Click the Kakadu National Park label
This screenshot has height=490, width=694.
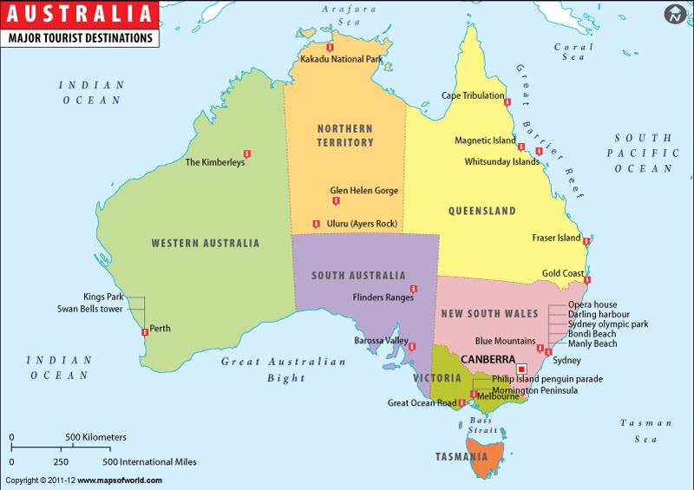point(341,60)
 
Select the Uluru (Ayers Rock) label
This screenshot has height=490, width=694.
point(362,224)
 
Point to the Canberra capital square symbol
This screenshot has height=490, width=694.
point(521,368)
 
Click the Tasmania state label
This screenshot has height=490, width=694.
point(462,457)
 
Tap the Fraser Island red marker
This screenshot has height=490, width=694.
point(587,241)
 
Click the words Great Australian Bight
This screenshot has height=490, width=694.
point(271,369)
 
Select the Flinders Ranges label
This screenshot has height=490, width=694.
point(383,297)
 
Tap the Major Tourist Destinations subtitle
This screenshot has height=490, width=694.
point(80,38)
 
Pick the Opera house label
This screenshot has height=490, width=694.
point(593,304)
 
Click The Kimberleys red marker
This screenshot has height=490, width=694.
point(247,151)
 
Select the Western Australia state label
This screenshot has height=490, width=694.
point(205,244)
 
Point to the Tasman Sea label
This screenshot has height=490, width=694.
point(645,431)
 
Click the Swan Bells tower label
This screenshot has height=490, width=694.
point(89,309)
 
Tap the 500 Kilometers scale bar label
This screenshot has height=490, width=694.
point(96,437)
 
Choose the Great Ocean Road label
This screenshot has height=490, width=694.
point(422,403)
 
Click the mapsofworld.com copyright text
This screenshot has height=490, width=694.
point(83,480)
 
